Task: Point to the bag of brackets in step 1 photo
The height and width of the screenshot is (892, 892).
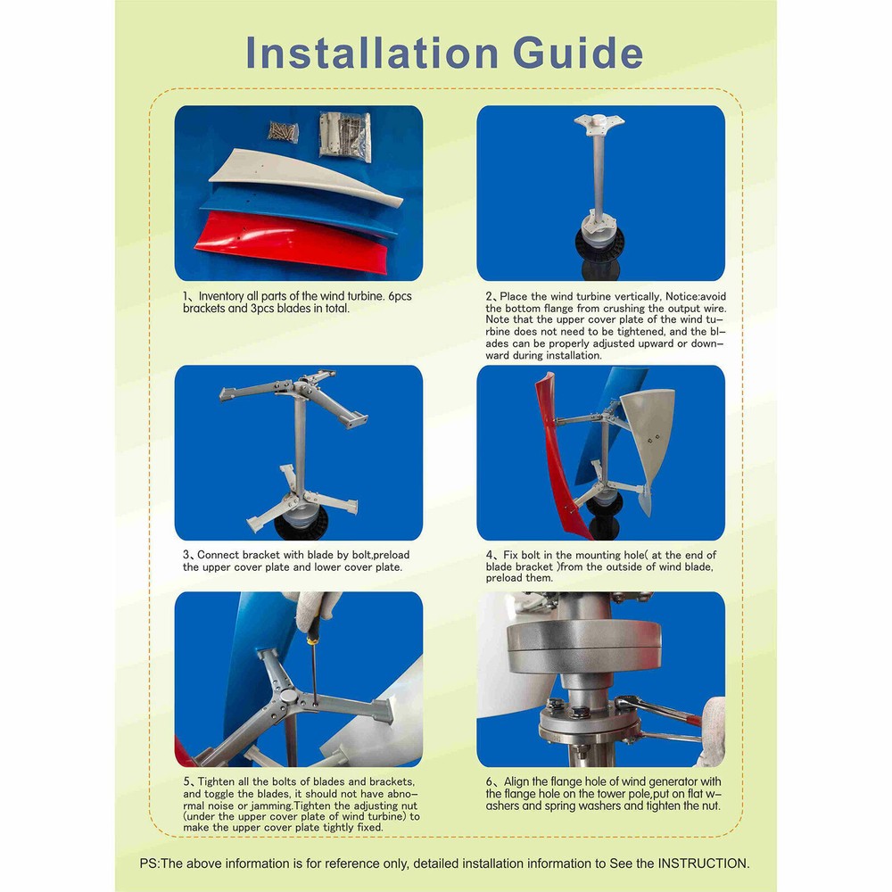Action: point(344,135)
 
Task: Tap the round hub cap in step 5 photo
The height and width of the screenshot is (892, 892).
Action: point(284,695)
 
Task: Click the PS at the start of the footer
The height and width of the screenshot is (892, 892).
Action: point(149,863)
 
